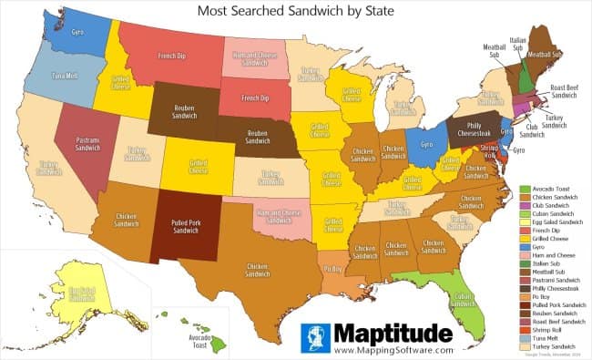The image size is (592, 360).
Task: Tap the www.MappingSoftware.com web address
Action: (393, 349)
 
